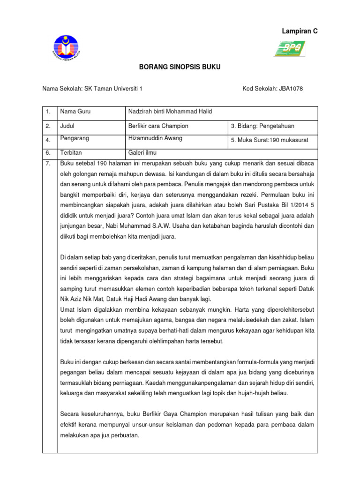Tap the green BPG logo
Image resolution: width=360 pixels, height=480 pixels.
click(290, 48)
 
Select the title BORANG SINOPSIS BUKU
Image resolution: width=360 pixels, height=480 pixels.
click(180, 67)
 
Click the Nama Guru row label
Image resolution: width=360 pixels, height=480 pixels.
click(75, 112)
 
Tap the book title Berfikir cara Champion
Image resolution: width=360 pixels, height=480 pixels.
click(158, 126)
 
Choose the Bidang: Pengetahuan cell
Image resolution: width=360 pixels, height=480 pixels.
click(262, 126)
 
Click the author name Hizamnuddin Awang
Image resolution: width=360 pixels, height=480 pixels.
click(155, 138)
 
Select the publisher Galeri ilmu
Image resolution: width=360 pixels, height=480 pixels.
click(143, 153)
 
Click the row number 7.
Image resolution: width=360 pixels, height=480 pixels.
click(48, 163)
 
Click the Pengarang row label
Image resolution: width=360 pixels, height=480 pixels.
click(75, 138)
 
